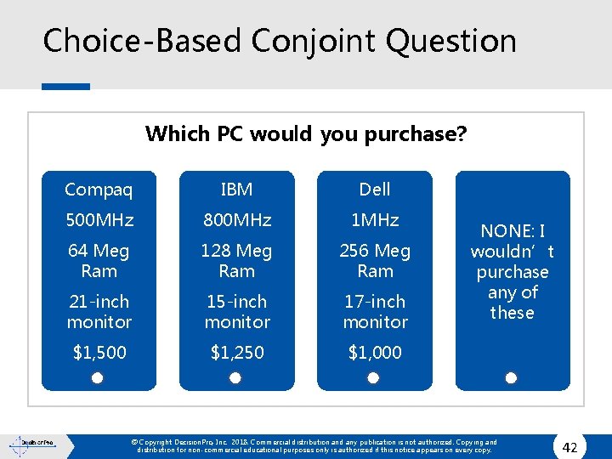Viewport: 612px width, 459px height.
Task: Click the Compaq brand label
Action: pyautogui.click(x=99, y=189)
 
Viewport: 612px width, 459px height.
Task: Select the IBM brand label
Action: pyautogui.click(x=236, y=189)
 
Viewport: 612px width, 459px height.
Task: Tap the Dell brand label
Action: pyautogui.click(x=375, y=189)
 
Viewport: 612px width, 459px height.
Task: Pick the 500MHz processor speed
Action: pyautogui.click(x=99, y=220)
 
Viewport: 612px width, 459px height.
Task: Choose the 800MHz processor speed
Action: pyautogui.click(x=236, y=220)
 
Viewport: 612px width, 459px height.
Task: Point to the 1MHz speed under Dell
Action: pyautogui.click(x=375, y=220)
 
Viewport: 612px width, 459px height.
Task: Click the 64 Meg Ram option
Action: pyautogui.click(x=99, y=261)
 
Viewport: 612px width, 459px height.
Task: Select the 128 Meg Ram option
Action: pyautogui.click(x=236, y=261)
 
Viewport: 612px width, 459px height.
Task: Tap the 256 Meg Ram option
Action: pyautogui.click(x=375, y=261)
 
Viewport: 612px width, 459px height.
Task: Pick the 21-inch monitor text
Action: pyautogui.click(x=99, y=311)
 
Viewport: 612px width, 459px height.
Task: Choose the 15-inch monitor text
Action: pyautogui.click(x=236, y=311)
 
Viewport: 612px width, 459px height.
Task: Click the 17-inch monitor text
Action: pyautogui.click(x=375, y=311)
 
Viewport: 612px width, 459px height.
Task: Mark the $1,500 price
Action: pyautogui.click(x=99, y=352)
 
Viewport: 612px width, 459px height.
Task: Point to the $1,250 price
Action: pyautogui.click(x=236, y=352)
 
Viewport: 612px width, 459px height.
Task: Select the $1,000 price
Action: pyautogui.click(x=375, y=352)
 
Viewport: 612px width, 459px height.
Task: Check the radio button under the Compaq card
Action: pyautogui.click(x=98, y=377)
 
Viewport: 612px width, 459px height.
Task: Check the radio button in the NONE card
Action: pyautogui.click(x=511, y=377)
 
